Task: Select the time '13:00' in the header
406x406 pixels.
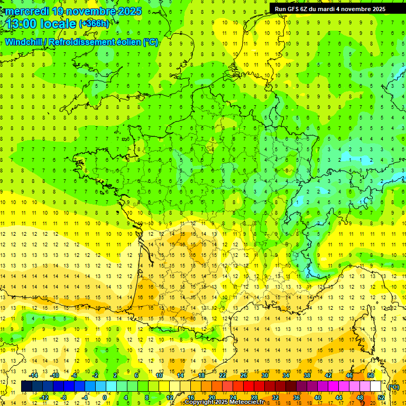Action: (22, 24)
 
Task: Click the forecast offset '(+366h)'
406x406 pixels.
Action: (94, 24)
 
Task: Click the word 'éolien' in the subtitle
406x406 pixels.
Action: (127, 42)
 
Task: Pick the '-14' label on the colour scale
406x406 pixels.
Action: (33, 375)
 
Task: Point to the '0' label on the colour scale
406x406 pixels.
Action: (105, 398)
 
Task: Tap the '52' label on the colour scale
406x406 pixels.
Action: (381, 398)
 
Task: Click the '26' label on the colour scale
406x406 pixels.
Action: (244, 375)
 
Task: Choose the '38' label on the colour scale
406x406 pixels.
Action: (307, 375)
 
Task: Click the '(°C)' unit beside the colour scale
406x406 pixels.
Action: (394, 386)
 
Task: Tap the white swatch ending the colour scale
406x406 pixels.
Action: (376, 386)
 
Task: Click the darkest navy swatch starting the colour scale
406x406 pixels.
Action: (26, 386)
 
